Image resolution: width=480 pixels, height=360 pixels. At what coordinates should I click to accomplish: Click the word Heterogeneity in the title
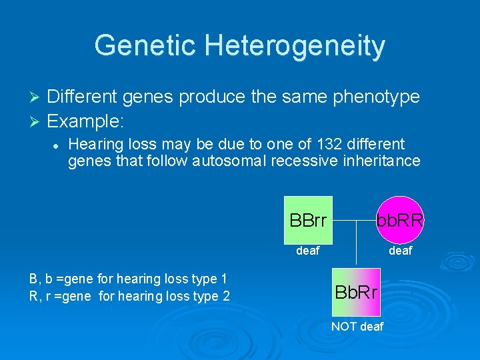295,45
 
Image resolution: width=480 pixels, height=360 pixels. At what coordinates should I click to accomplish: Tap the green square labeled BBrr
308,220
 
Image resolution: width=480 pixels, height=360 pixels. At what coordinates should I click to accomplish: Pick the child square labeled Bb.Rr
356,292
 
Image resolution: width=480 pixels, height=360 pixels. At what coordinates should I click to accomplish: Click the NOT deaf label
357,326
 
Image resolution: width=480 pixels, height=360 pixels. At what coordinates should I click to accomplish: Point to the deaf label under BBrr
307,251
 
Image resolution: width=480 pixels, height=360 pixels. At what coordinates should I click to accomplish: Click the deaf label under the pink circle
400,251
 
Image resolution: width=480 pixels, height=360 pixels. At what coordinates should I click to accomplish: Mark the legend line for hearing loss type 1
128,278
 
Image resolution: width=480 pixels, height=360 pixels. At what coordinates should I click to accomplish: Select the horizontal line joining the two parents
353,220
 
